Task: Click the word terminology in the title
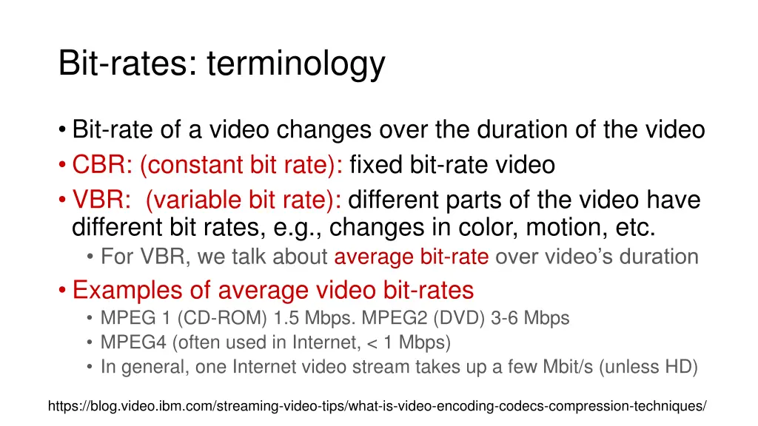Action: click(x=296, y=64)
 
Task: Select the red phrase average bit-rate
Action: click(x=411, y=257)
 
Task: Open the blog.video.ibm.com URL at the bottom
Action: click(x=377, y=406)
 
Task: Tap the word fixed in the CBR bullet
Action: click(x=377, y=165)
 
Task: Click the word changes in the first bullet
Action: click(x=323, y=130)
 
